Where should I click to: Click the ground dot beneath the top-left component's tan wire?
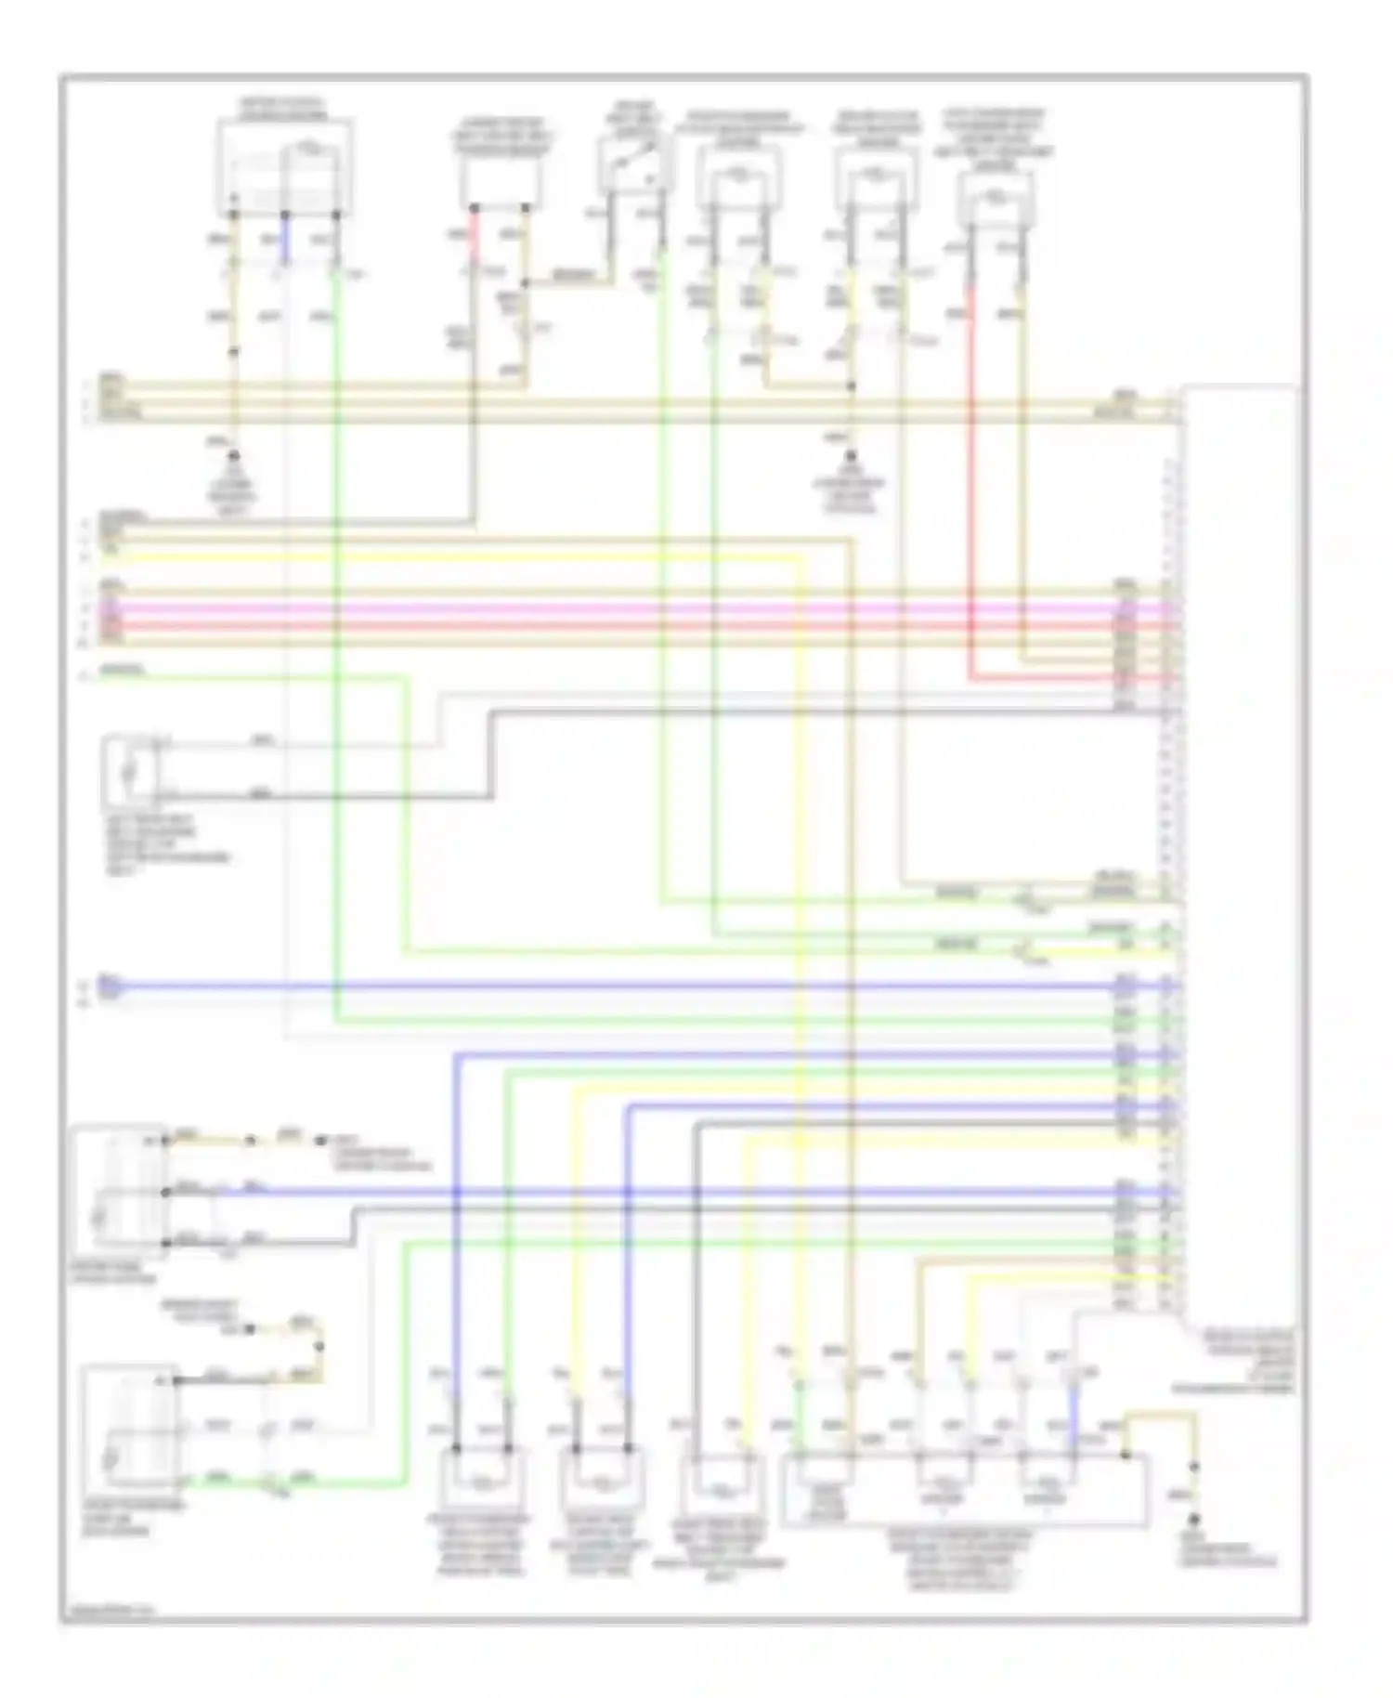[x=234, y=456]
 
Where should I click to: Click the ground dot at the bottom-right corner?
[x=1194, y=1519]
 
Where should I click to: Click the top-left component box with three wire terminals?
[x=284, y=165]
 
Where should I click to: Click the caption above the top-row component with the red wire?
[x=995, y=138]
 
